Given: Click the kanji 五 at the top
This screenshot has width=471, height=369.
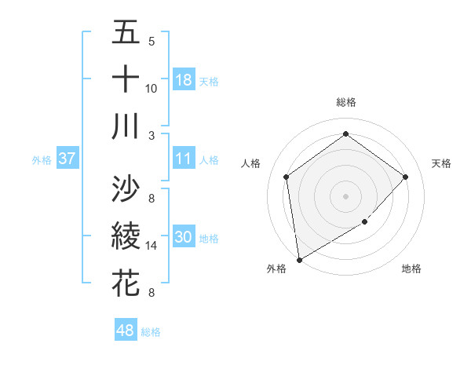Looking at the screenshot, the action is [x=126, y=34].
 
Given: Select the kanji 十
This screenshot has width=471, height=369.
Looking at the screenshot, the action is [x=126, y=79].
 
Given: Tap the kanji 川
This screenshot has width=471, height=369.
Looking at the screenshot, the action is [x=126, y=126].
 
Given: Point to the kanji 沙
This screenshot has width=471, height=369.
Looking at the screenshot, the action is [x=126, y=188].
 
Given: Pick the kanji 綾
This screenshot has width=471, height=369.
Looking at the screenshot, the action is [x=126, y=236].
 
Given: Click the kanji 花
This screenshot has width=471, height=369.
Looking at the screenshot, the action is [x=126, y=283].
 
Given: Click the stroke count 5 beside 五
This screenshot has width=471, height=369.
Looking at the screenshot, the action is [x=152, y=42].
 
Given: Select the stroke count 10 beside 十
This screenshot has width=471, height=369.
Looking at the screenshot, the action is [x=152, y=88].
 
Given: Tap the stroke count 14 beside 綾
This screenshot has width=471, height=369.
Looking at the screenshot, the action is [x=152, y=246].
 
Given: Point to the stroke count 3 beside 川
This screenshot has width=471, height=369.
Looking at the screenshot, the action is [x=152, y=135].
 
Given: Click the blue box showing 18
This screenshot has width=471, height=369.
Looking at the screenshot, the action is [x=184, y=80].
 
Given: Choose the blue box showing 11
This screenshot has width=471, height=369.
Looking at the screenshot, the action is [x=184, y=159].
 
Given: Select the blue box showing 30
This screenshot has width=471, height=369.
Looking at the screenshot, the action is [x=184, y=238].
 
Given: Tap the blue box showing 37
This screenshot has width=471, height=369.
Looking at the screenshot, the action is [x=67, y=159].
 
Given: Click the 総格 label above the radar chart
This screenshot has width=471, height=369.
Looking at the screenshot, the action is [x=346, y=103].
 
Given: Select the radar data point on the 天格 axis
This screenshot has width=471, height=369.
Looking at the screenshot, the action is [x=406, y=177].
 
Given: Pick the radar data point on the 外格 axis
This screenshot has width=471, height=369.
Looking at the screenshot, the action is [x=299, y=259].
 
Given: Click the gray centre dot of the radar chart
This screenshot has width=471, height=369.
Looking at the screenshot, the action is [x=346, y=195].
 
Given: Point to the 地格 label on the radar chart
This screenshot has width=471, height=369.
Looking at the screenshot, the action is [x=411, y=269].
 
